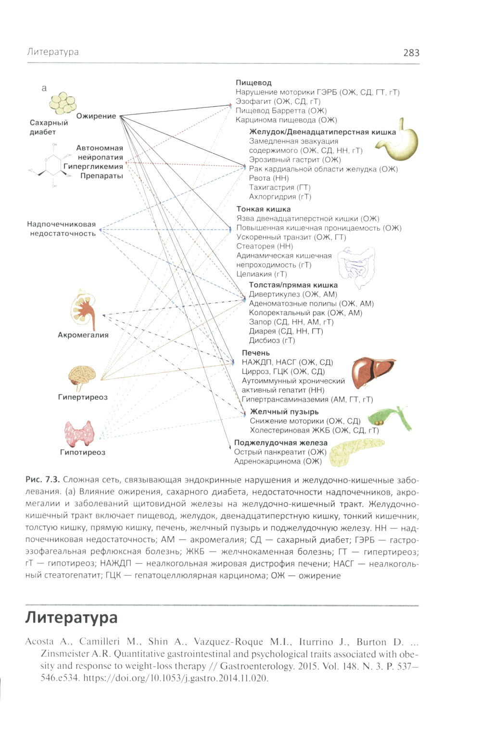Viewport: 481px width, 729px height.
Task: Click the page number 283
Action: [411, 53]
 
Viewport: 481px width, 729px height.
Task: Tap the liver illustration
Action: [371, 373]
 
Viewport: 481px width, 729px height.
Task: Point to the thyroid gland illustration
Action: [80, 433]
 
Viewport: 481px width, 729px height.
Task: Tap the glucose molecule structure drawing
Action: [51, 165]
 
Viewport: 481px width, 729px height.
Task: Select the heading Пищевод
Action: [253, 83]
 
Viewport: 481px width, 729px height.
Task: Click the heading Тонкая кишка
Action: [263, 209]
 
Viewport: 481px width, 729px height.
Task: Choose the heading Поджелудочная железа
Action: [280, 443]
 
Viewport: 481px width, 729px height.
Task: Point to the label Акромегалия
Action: [83, 335]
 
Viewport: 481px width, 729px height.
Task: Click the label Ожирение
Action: [96, 116]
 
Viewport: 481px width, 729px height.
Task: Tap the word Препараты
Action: [101, 176]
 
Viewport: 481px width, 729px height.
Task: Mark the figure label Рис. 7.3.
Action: [42, 480]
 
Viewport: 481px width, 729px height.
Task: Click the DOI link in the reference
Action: [176, 678]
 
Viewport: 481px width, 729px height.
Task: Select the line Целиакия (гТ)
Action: [261, 274]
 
